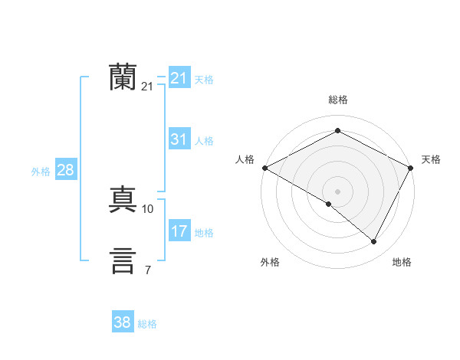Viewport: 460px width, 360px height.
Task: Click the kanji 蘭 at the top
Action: [x=123, y=77]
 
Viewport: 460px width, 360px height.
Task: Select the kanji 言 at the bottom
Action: [x=123, y=260]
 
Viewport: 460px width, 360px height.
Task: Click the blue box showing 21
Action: [x=179, y=78]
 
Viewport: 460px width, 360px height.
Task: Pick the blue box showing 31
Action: [x=179, y=139]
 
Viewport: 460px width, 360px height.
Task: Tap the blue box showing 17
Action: [x=179, y=231]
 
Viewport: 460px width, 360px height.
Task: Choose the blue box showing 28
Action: [x=65, y=170]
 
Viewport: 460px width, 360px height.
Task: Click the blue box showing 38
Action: [x=123, y=322]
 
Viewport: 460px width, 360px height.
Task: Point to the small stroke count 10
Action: [x=148, y=208]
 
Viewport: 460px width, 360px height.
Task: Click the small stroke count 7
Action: [x=147, y=269]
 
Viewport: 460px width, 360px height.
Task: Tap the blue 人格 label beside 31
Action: [x=204, y=141]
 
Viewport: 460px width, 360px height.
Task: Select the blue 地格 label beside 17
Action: [x=204, y=233]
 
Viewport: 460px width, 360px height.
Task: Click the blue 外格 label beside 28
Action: [x=41, y=172]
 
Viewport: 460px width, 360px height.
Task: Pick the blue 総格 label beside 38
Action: [x=147, y=324]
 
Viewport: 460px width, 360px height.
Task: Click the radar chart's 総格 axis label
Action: [x=337, y=100]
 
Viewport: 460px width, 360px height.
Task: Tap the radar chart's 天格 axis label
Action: [x=431, y=159]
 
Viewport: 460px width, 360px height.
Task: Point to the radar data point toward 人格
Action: [x=264, y=168]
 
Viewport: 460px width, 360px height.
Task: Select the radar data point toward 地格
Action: [x=374, y=242]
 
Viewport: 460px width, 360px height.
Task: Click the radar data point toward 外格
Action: [x=329, y=204]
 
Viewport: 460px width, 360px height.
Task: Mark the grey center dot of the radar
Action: [x=337, y=191]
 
